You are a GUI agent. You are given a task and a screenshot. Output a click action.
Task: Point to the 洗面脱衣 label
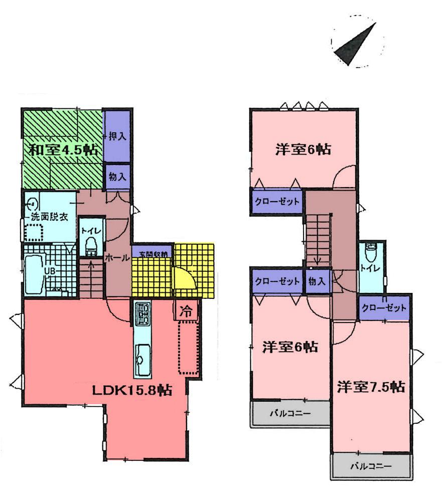pos(49,217)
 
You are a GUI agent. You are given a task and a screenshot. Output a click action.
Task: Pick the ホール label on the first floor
pos(117,257)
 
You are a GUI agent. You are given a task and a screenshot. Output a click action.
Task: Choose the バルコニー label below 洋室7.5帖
pos(370,466)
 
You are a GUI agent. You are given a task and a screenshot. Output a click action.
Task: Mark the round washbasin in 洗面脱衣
pos(33,204)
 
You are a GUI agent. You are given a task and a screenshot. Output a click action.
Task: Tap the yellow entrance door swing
pos(182,279)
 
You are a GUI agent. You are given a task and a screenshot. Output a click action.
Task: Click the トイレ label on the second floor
pos(372,268)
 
